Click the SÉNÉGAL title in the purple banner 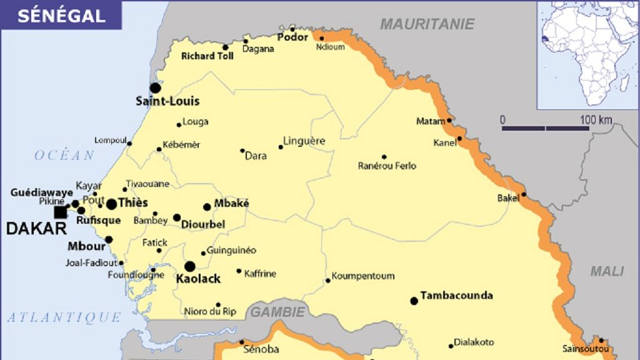click(61, 16)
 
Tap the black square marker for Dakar click(60, 212)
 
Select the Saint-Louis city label click(167, 101)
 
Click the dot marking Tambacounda click(414, 301)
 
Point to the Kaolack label click(198, 279)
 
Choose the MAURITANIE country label click(427, 24)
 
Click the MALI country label click(607, 271)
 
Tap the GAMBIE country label click(278, 311)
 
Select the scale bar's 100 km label click(596, 119)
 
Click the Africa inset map click(587, 55)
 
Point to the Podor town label click(293, 37)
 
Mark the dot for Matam click(449, 121)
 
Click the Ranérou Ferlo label click(387, 166)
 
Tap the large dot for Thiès click(111, 204)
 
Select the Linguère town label click(304, 141)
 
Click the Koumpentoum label click(362, 276)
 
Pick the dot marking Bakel click(524, 194)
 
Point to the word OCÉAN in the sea click(64, 155)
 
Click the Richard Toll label click(207, 56)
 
